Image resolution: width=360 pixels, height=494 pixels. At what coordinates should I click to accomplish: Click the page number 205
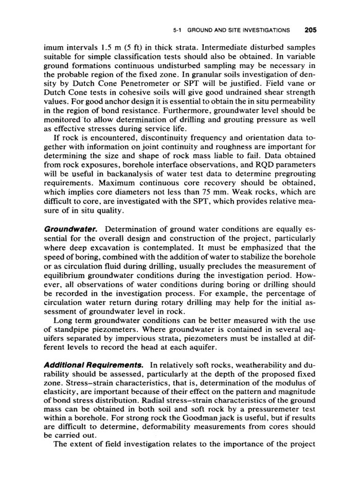310,29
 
